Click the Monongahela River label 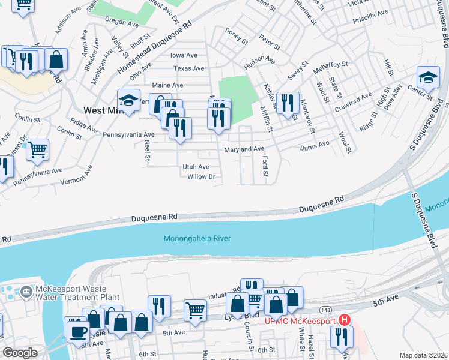coord(197,239)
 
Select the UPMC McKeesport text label coord(300,321)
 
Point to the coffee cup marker coord(78,330)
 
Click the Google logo coord(20,353)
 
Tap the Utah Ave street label coord(196,167)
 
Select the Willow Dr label coord(200,177)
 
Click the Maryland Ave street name coord(244,149)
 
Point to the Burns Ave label coord(315,145)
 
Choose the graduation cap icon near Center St coord(427,79)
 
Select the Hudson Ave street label coord(259,62)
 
